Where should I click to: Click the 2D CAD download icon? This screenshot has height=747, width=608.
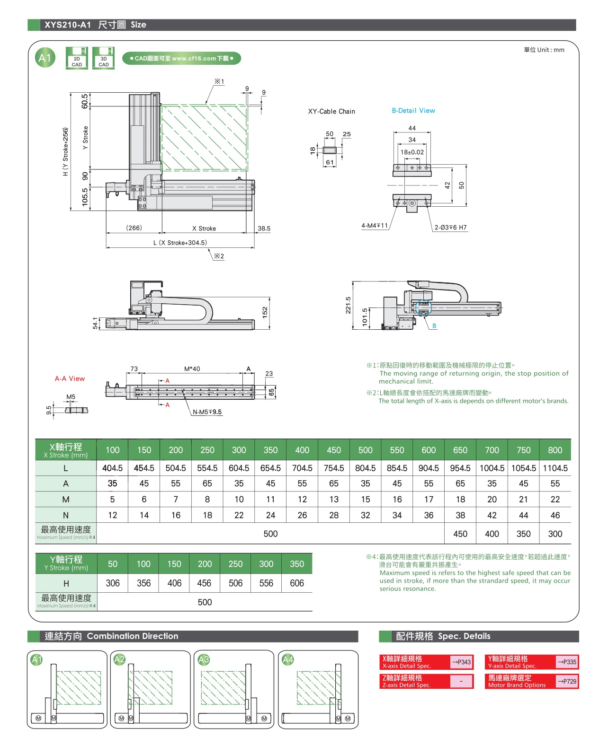coord(77,58)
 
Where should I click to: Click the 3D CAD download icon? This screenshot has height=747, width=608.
coord(103,58)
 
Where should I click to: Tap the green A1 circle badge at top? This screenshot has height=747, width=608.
coord(45,58)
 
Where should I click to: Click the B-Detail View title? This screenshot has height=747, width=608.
coord(413,111)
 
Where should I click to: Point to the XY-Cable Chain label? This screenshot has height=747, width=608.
coord(331,112)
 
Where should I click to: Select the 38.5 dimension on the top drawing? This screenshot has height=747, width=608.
coord(264,228)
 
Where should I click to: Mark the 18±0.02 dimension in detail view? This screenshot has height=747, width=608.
coord(412,152)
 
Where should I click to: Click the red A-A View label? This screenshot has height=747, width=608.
coord(70,378)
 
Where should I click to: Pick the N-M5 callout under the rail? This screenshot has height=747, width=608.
coord(207,412)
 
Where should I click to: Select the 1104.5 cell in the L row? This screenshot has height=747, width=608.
coord(555,468)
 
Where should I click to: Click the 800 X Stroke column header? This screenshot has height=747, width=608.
coord(555,450)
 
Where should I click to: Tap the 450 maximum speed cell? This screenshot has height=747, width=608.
coord(460,534)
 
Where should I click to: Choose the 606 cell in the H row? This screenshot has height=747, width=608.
coord(297,583)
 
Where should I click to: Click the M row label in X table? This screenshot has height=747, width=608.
coord(66,500)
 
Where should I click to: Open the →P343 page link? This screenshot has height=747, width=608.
coord(461,662)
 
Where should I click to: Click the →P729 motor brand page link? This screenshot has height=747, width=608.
coord(567,681)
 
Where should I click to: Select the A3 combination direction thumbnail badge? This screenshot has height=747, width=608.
coord(204,659)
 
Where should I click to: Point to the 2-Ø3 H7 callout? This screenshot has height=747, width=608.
coord(450,228)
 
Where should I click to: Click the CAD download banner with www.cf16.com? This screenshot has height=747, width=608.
coord(182,59)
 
